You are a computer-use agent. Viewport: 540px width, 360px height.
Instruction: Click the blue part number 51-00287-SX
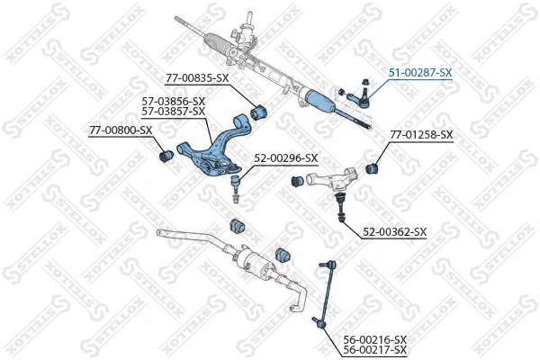[x=420, y=73]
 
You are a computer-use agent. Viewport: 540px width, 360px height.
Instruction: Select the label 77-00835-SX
[x=197, y=78]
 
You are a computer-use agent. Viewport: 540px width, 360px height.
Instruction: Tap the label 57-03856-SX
[x=174, y=102]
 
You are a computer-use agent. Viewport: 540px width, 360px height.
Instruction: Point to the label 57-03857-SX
[x=174, y=112]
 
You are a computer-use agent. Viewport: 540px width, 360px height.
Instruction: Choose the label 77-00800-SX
[x=121, y=130]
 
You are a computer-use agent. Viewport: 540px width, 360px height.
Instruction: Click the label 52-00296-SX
[x=286, y=158]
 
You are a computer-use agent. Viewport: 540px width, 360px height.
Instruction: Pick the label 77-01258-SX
[x=421, y=135]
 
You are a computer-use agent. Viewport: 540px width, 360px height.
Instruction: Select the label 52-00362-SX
[x=395, y=232]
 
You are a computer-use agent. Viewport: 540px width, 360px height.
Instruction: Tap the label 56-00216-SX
[x=375, y=339]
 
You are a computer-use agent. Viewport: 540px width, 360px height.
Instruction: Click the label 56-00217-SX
[x=375, y=350]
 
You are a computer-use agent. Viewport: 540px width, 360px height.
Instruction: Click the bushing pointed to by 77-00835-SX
[x=258, y=111]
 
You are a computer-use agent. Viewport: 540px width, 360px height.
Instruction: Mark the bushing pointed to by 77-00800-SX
[x=167, y=156]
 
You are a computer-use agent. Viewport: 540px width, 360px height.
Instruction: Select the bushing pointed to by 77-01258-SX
[x=372, y=167]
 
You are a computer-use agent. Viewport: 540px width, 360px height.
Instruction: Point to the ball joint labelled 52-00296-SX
[x=236, y=188]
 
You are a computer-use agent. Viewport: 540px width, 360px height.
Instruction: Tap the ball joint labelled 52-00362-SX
[x=340, y=207]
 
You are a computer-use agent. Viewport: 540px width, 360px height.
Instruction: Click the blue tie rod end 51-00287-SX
[x=359, y=98]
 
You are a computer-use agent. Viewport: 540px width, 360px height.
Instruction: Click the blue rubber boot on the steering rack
[x=319, y=102]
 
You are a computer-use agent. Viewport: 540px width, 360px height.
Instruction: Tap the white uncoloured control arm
[x=330, y=178]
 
